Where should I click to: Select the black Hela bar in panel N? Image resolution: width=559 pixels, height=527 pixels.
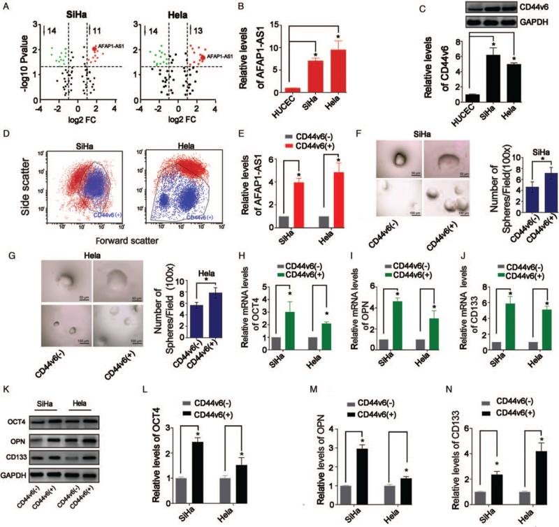[x=523, y=468]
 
